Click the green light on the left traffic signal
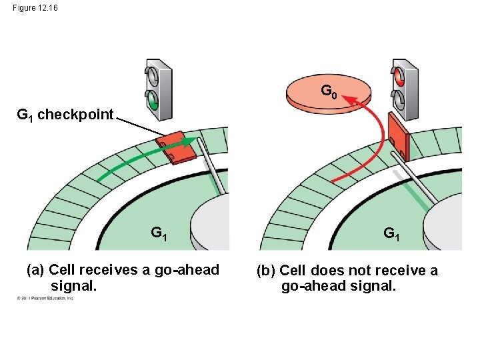(153, 102)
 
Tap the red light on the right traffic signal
(400, 76)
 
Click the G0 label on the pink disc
(328, 90)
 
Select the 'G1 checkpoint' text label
(65, 114)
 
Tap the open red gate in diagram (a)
(176, 148)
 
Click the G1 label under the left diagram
(159, 233)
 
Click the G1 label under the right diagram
(392, 233)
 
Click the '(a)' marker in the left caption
(35, 270)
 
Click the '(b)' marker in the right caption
(266, 271)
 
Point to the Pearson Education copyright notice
(45, 298)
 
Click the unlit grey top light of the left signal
(153, 77)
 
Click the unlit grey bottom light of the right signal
(400, 99)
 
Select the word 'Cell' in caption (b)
(293, 271)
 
